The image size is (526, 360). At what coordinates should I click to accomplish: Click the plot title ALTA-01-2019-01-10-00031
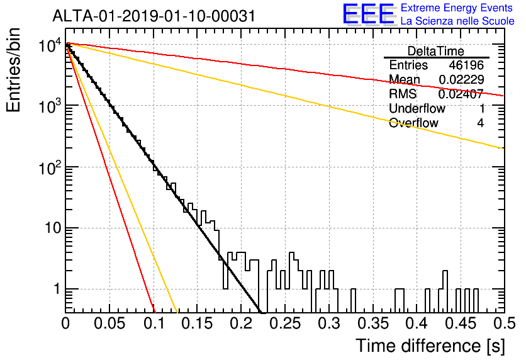coord(154,16)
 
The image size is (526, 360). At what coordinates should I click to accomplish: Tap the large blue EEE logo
coord(368,14)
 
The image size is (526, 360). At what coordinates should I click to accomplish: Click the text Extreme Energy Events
coord(457,8)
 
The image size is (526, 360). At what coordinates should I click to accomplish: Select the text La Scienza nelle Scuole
coord(457,21)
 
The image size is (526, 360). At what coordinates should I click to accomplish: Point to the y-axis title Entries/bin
coord(13,70)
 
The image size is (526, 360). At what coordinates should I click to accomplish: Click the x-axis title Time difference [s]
coord(430,346)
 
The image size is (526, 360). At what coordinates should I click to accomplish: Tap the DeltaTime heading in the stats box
coord(436,51)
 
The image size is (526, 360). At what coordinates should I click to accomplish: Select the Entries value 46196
coord(466,65)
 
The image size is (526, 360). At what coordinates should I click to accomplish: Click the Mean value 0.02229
coord(461,79)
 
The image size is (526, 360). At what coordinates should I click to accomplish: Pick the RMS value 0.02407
coord(461,94)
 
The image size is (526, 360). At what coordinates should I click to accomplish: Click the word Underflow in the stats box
coord(417,108)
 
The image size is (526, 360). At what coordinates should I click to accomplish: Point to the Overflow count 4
coord(480,123)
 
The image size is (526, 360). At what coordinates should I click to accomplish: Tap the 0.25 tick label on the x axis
coord(285,323)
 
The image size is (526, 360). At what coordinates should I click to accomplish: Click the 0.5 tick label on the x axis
coord(504,323)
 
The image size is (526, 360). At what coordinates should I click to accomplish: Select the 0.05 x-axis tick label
coord(109,323)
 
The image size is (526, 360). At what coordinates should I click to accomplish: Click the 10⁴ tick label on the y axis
coord(50,45)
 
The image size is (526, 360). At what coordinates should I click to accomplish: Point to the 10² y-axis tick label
coord(50,168)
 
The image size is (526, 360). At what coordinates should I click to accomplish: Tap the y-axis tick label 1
coord(57,289)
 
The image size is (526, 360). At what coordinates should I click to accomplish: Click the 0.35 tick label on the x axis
coord(373,323)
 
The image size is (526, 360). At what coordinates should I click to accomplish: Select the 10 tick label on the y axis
coord(53,228)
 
